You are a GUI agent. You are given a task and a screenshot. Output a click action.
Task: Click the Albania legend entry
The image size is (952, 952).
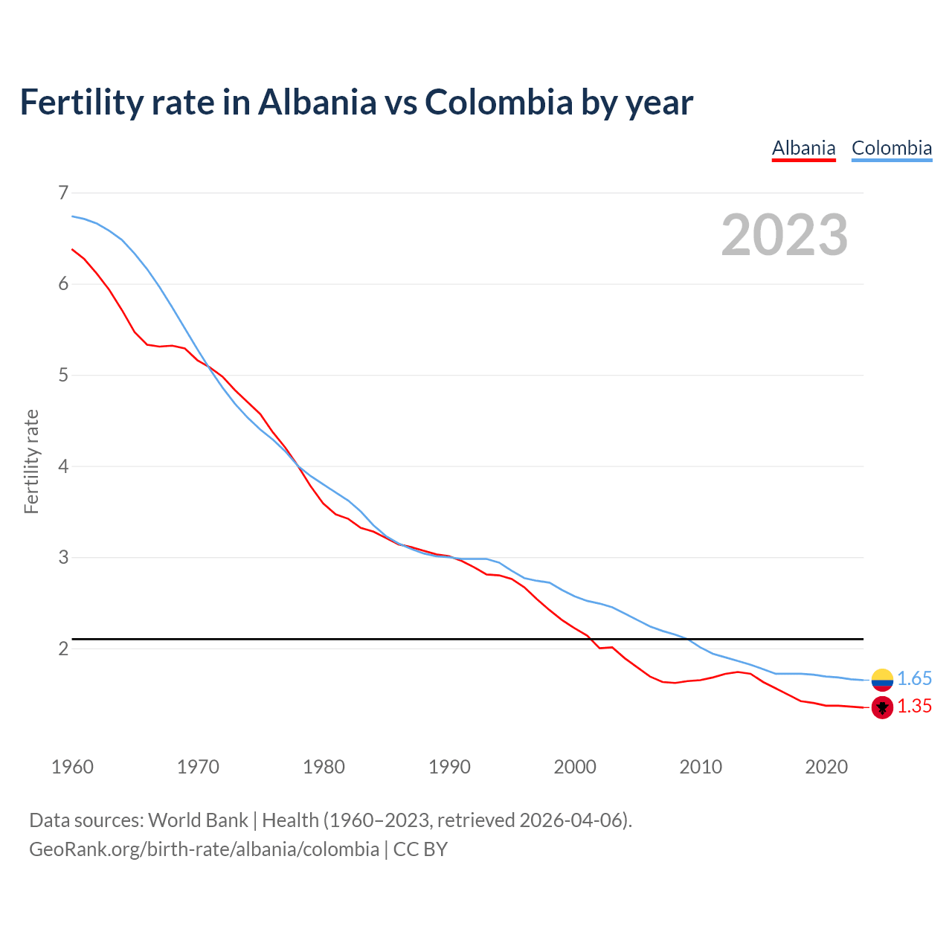click(x=803, y=148)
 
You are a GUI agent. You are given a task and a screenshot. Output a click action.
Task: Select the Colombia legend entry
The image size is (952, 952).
click(x=891, y=148)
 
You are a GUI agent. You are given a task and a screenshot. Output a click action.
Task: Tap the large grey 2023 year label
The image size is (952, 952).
click(x=784, y=235)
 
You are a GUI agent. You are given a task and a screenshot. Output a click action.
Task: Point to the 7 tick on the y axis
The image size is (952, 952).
click(x=63, y=193)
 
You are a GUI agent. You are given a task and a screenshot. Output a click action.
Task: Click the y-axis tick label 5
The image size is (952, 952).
click(x=63, y=375)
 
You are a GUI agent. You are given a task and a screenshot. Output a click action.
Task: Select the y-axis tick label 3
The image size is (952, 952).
click(x=63, y=557)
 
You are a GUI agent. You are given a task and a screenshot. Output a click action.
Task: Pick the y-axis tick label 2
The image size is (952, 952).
click(x=63, y=649)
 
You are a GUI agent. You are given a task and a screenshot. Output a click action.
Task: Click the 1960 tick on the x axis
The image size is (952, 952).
click(x=72, y=767)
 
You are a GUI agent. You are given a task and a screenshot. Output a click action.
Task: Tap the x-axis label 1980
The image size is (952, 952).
click(x=324, y=767)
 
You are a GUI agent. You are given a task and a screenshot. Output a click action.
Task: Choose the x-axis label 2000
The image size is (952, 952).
click(x=574, y=767)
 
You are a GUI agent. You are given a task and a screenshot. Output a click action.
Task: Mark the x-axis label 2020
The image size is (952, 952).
click(x=826, y=767)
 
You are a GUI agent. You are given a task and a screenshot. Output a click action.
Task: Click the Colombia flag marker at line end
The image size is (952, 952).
click(x=882, y=679)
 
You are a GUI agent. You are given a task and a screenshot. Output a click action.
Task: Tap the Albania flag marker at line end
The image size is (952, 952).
click(x=882, y=707)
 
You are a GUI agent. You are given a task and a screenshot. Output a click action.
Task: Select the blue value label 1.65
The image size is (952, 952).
click(x=914, y=678)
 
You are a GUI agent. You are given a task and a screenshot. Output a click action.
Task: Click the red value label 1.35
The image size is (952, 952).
click(x=914, y=707)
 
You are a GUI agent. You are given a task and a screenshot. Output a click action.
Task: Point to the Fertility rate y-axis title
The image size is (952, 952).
click(x=31, y=461)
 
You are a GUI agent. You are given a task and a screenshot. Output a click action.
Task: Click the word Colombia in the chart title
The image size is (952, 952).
click(x=498, y=102)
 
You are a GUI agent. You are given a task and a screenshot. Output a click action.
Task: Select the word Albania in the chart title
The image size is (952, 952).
click(x=317, y=102)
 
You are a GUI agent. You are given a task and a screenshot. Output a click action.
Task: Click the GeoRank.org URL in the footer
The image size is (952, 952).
click(x=204, y=849)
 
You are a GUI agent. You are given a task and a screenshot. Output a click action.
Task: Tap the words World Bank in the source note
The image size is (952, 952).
click(x=198, y=820)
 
